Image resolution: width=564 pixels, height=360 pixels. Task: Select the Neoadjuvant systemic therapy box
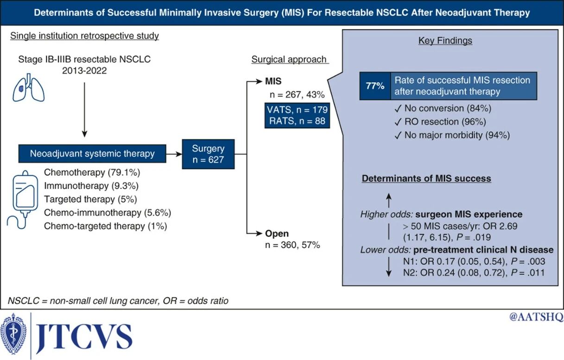coord(92,153)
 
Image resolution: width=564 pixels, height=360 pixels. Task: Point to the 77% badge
coord(375,86)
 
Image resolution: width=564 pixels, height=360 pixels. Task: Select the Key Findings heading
coord(445,41)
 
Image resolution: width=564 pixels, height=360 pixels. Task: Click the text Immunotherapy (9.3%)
coord(91,186)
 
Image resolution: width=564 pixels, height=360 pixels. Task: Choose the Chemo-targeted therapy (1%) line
coord(105,226)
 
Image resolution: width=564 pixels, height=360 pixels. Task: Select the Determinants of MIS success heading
coord(426,179)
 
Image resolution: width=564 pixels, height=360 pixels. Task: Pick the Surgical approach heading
coord(289,59)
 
